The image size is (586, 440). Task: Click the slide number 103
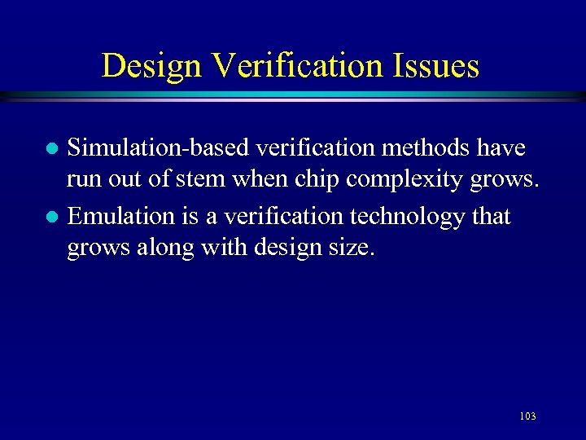click(x=527, y=417)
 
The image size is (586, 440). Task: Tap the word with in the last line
click(x=214, y=248)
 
